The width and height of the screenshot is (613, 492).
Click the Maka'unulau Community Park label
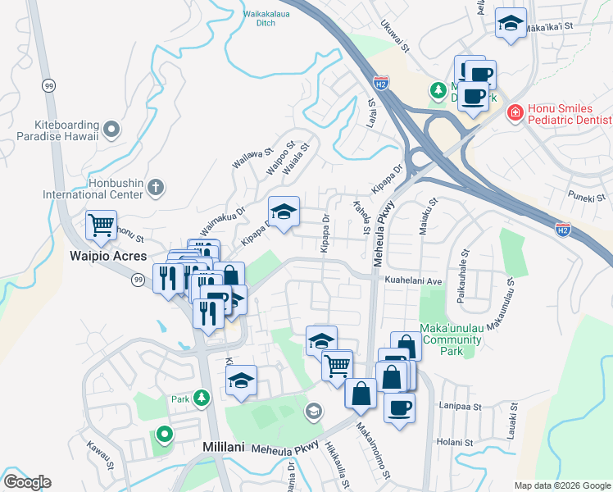[x=452, y=339]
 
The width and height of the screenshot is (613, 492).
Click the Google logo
[x=27, y=482]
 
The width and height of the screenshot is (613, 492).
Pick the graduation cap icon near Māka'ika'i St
[x=511, y=25]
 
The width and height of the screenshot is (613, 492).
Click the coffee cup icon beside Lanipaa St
[x=399, y=408]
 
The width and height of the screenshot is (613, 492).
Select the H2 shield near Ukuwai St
[x=379, y=83]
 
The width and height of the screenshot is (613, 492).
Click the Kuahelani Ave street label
[x=414, y=280]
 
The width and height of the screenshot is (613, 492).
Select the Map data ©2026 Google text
[x=561, y=485]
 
